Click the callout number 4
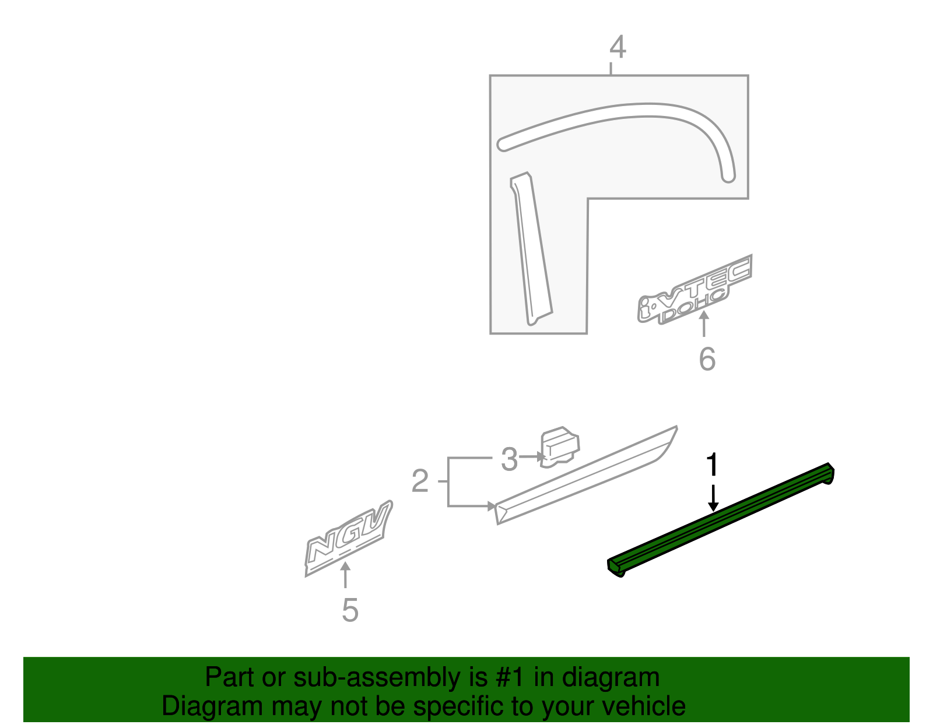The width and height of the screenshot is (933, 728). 618,47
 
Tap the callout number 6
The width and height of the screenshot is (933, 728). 707,359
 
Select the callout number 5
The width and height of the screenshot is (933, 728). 350,610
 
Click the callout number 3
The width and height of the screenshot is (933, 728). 509,459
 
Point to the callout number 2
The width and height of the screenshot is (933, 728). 420,481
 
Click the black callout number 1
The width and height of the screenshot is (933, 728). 712,465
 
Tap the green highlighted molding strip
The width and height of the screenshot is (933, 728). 720,519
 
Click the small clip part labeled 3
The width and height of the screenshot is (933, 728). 559,446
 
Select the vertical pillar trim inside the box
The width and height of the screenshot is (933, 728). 531,251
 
